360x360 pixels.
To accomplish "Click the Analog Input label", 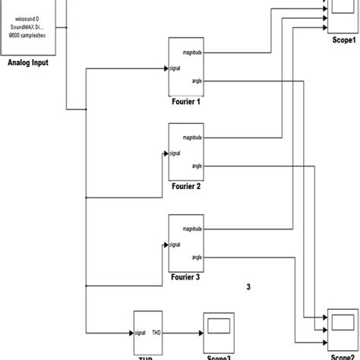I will [28, 63].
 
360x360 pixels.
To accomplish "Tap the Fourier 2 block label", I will [185, 186].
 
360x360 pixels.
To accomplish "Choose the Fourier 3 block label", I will [185, 277].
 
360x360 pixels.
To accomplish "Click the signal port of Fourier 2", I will [175, 153].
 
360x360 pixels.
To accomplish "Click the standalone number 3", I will [249, 286].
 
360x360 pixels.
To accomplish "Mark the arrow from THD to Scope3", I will [183, 333].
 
